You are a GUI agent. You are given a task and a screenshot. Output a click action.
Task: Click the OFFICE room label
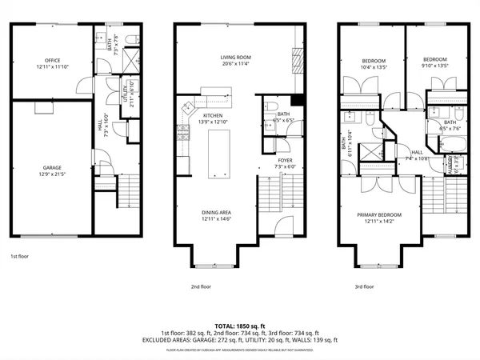coord(54,61)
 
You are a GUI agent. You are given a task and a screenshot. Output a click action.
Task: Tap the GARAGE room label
coord(54,168)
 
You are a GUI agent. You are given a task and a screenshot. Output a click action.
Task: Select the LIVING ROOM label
coord(236,58)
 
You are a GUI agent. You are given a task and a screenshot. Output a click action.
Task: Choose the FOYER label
coord(285,160)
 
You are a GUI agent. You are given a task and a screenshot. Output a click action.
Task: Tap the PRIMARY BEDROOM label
coord(379,215)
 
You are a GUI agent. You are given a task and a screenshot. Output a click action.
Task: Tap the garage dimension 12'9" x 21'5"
coord(54,174)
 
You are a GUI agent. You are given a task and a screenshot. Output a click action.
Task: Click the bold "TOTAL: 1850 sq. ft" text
coord(240,326)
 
